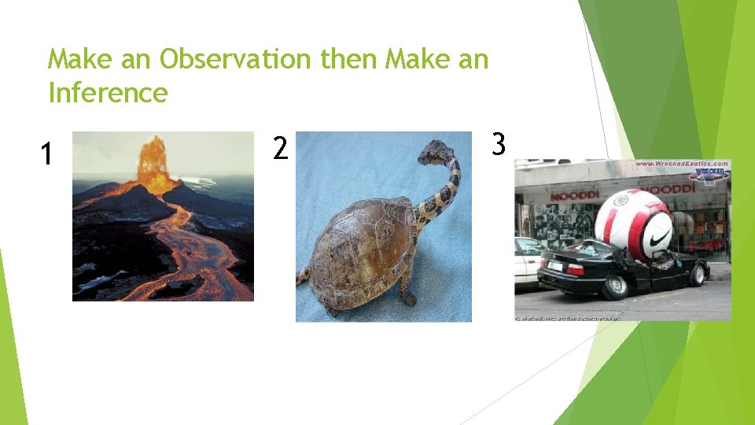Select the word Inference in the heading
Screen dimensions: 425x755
(108, 93)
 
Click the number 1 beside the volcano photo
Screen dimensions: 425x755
(47, 154)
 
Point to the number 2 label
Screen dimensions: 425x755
(280, 147)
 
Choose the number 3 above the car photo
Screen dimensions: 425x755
(499, 144)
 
